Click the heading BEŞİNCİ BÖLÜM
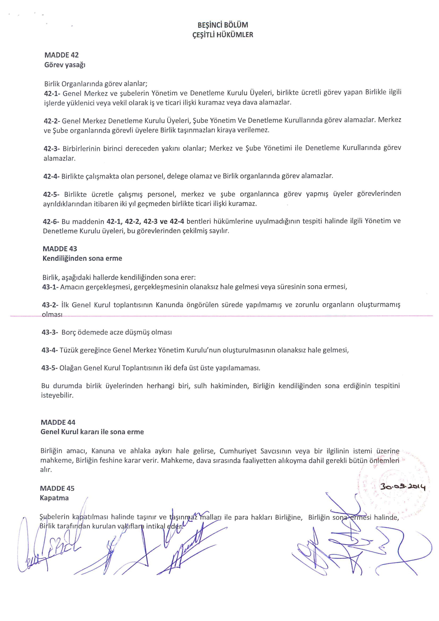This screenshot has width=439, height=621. pos(223,25)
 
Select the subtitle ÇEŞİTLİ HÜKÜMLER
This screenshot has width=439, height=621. pos(223,35)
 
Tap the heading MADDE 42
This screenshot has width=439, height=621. pos(61,55)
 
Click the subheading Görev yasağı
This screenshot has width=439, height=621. pos(65,65)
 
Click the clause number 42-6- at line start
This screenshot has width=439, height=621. pos(51,222)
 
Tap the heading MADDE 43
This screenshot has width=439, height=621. pos(60,248)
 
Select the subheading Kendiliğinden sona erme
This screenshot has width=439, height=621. pos(82,258)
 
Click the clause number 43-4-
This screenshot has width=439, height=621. pos(50,350)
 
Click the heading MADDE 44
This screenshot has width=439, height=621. pos(58,422)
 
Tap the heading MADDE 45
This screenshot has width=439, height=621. pos(57,488)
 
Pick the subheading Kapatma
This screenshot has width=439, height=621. pos(54,498)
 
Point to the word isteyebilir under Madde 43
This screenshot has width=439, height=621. pos(57,395)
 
